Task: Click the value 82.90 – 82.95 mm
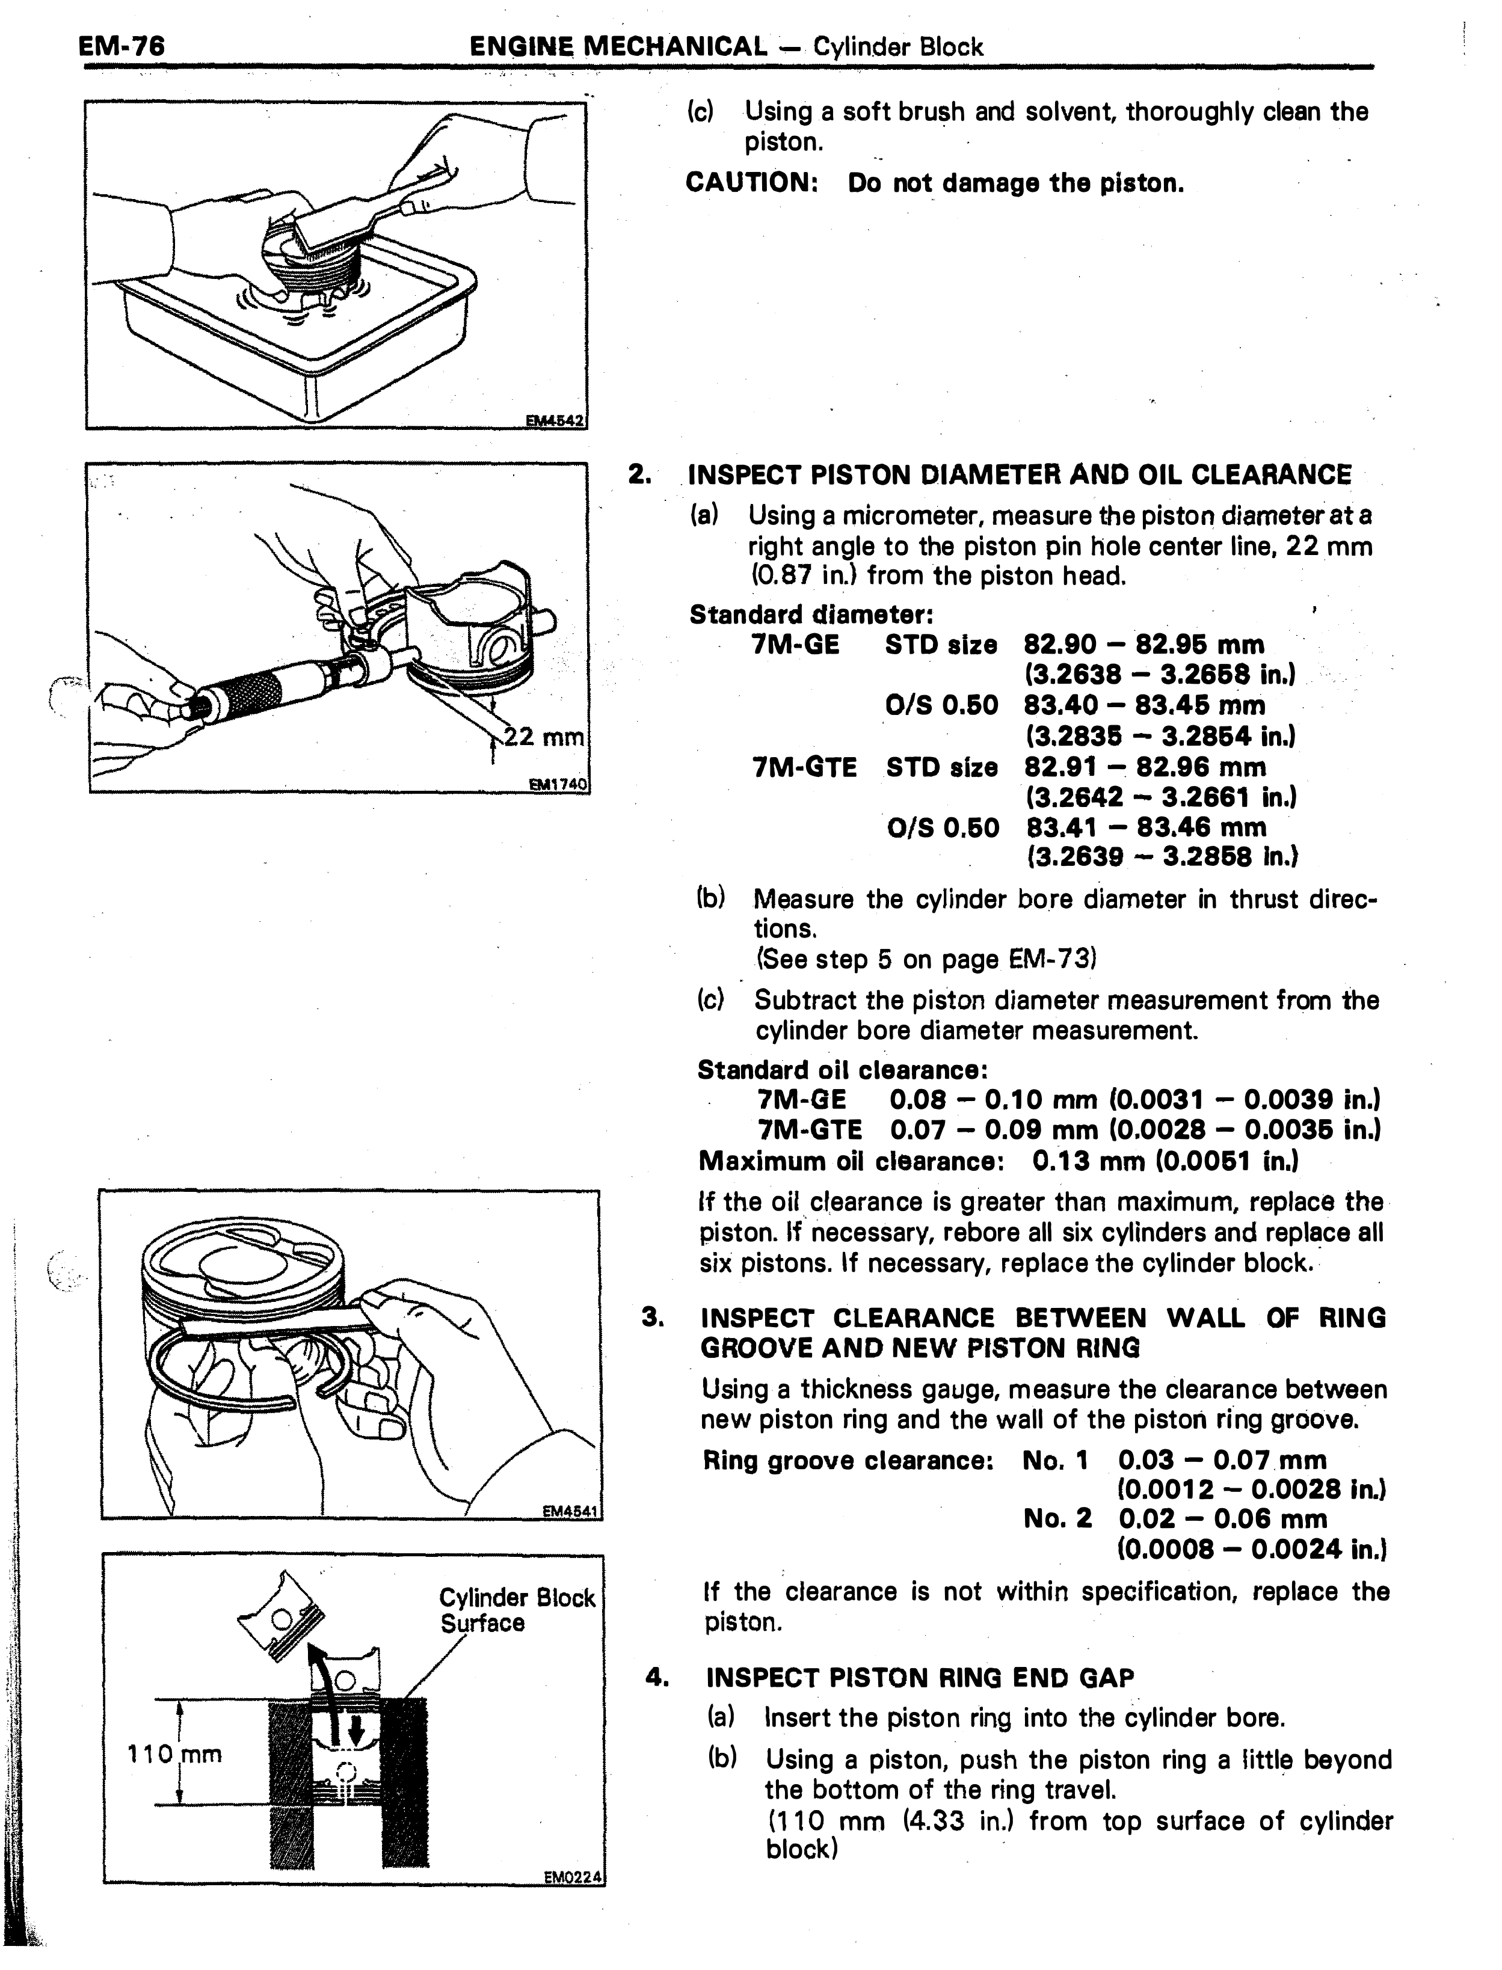coord(1144,645)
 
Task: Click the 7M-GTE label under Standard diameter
coord(805,767)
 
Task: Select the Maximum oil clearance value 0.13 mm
coord(1089,1161)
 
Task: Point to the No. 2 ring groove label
coord(1057,1518)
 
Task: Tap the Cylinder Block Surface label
coord(517,1610)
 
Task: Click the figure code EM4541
coord(572,1511)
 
